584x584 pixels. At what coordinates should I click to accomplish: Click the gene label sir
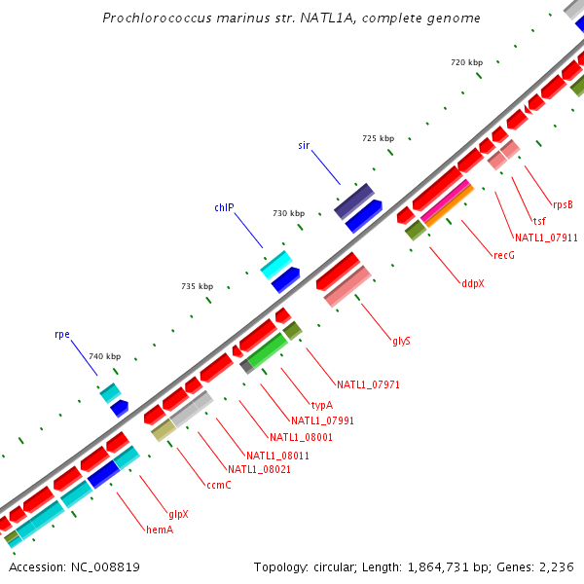tap(304, 145)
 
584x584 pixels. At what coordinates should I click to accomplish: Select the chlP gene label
tap(224, 207)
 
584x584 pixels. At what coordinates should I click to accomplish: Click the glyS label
tap(401, 341)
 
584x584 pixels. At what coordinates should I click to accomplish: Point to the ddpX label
tap(472, 283)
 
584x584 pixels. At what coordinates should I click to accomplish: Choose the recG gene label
tap(503, 255)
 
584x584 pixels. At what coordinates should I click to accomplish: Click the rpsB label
tap(563, 204)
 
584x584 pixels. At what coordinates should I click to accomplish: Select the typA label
tap(322, 405)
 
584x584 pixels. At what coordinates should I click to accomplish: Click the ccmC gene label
tap(218, 485)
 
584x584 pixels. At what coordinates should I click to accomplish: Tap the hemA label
tap(159, 529)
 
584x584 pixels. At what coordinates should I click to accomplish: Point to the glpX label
tap(178, 514)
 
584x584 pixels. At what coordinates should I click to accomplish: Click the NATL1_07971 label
tap(369, 384)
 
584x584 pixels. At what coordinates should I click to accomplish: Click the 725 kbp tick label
tap(378, 139)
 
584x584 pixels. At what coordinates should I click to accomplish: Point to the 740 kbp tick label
tap(105, 357)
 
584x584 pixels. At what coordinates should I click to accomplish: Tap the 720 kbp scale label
tap(466, 62)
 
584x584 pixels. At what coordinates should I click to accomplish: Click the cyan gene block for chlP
tap(276, 264)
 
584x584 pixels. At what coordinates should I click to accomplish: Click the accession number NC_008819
tap(75, 566)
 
